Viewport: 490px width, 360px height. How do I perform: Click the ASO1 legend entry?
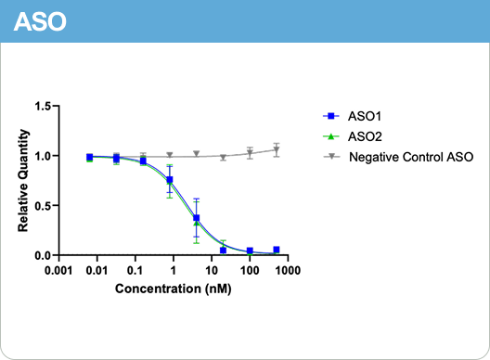[x=366, y=117]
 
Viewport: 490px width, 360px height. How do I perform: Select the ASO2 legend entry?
[x=366, y=136]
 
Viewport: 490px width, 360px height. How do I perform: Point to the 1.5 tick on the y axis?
[x=42, y=107]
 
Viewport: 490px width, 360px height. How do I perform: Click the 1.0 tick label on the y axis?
[x=42, y=156]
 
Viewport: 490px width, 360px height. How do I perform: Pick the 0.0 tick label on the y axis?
[x=42, y=255]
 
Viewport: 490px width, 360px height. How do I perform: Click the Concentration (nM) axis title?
[x=173, y=289]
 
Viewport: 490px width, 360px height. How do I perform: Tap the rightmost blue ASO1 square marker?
[x=277, y=250]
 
